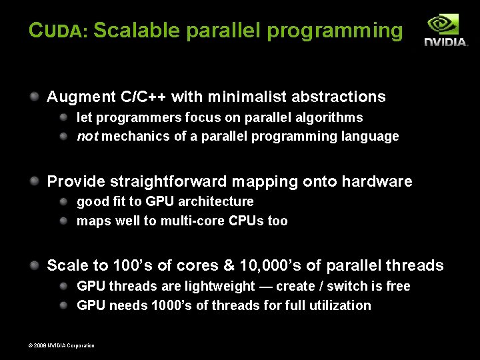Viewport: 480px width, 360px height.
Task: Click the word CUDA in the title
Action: tap(58, 31)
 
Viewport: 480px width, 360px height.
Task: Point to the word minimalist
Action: tap(247, 97)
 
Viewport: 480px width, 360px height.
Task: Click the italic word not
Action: tap(87, 137)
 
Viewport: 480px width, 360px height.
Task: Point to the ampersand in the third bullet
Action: tap(229, 265)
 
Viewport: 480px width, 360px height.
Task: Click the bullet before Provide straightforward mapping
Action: tap(34, 181)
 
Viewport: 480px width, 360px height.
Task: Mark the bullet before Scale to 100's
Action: tap(34, 265)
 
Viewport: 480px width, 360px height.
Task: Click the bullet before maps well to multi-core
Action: tap(64, 220)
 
